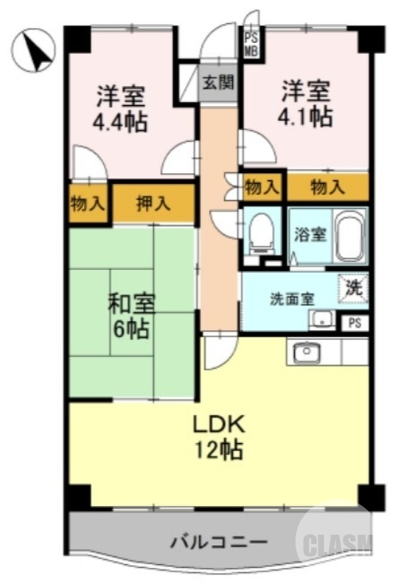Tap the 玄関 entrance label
click(218, 82)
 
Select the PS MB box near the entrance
click(250, 43)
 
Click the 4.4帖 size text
click(120, 120)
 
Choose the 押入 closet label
click(153, 203)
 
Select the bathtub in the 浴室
click(350, 236)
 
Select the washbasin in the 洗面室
click(320, 319)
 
